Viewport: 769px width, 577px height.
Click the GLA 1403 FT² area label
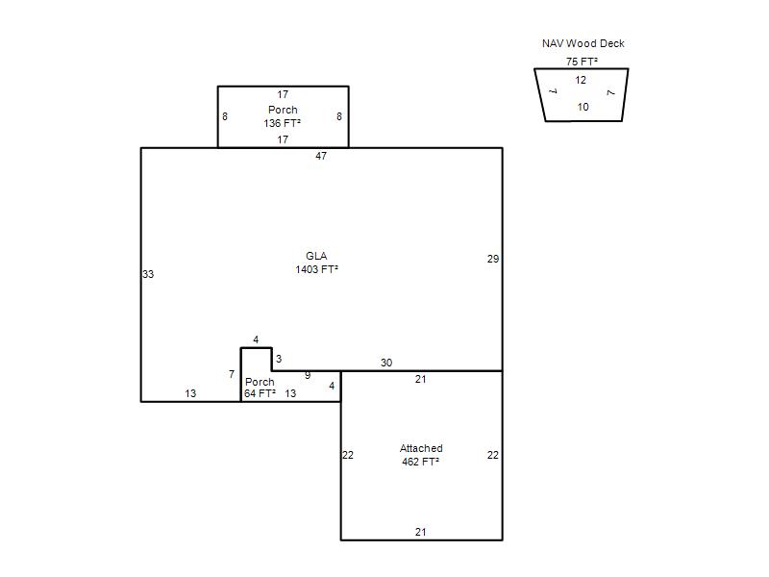(x=317, y=263)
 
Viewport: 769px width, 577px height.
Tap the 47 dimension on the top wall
(x=321, y=156)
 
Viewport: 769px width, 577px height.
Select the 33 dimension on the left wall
(x=148, y=274)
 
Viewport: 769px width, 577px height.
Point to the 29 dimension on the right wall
(x=493, y=259)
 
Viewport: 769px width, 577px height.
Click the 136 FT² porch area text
(x=282, y=123)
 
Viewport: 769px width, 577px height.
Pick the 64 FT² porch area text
(x=260, y=393)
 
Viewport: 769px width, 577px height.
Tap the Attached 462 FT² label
(x=421, y=455)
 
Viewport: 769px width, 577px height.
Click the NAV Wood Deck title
(x=583, y=43)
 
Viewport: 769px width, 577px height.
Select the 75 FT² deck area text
(x=582, y=62)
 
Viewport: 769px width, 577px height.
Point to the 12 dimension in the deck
(x=581, y=80)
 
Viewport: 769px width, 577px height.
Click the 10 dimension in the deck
(x=583, y=107)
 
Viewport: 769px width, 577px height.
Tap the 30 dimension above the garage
(x=386, y=363)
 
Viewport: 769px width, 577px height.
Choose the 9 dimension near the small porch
(x=308, y=375)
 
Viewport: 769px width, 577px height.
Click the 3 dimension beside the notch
(x=279, y=359)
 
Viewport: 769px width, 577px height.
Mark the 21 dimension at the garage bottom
(x=421, y=532)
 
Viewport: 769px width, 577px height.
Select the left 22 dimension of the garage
(x=348, y=455)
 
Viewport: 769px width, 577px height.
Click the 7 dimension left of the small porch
(x=232, y=374)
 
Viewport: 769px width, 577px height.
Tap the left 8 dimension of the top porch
(x=225, y=116)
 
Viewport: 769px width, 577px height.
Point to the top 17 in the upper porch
(x=283, y=94)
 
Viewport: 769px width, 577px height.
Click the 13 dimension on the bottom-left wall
(x=190, y=393)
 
